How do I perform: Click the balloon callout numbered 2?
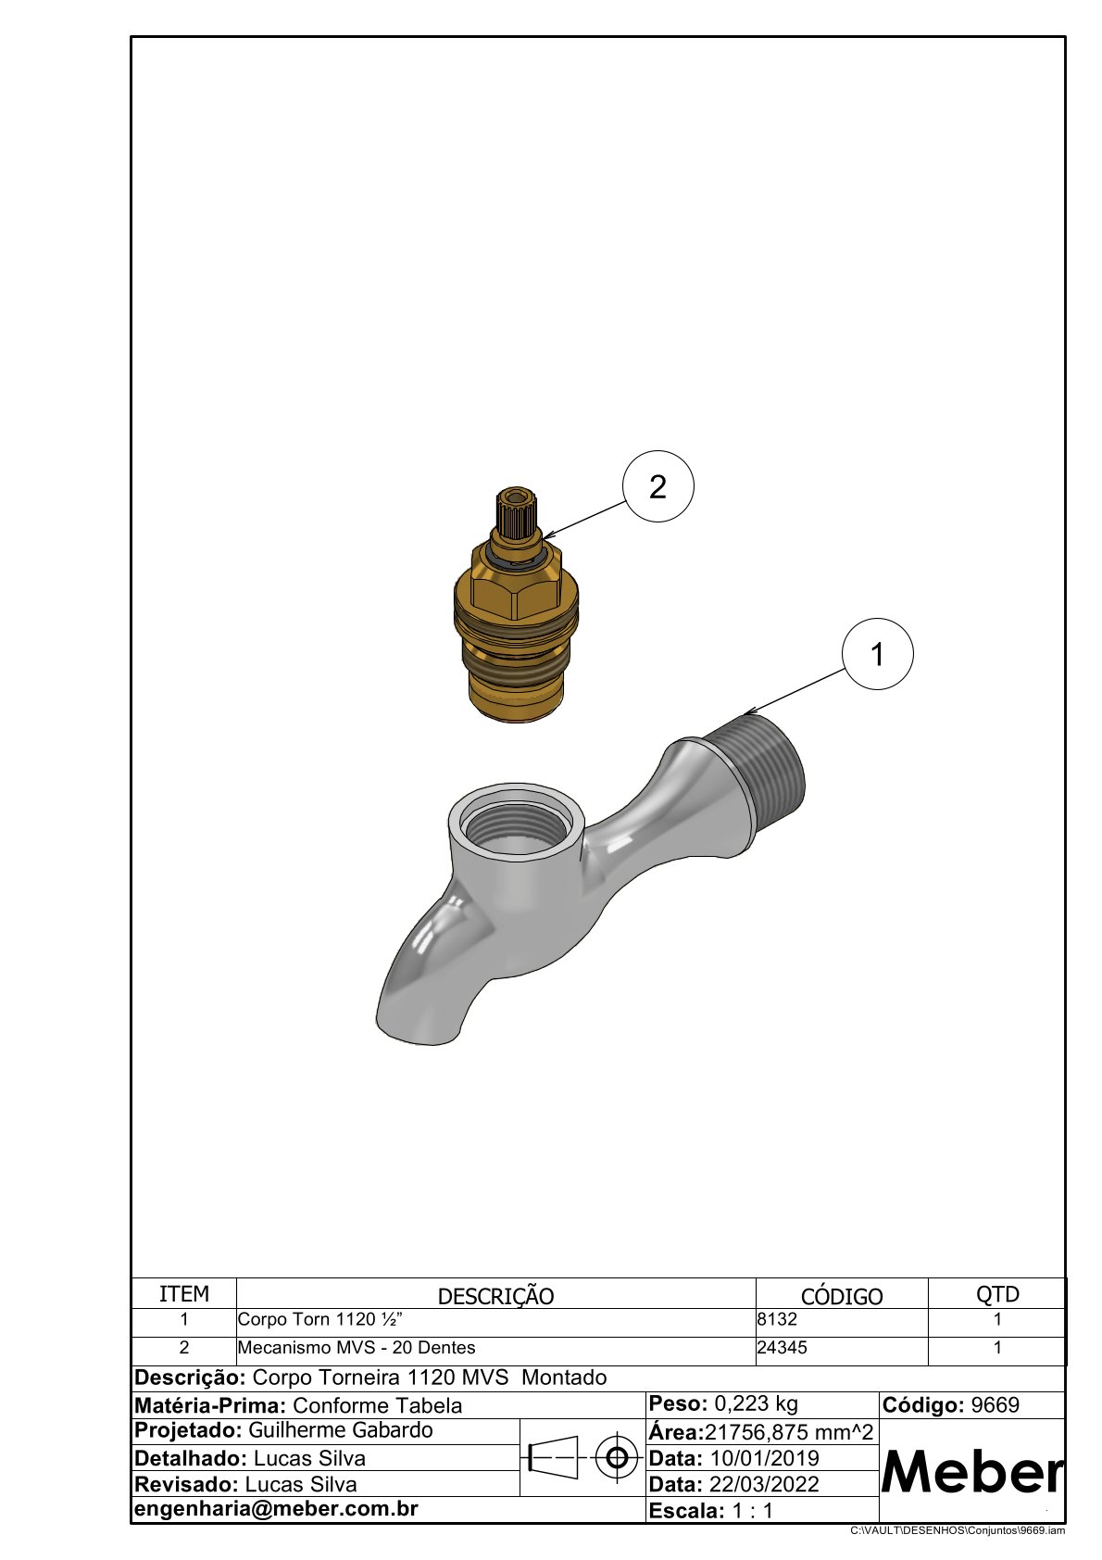(657, 486)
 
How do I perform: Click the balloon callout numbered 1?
(877, 654)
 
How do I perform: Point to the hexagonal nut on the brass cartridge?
(516, 584)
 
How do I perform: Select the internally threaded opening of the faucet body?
(516, 824)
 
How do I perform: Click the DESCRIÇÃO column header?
(495, 1296)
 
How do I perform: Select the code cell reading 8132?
(777, 1320)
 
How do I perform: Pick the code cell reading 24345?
(783, 1348)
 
